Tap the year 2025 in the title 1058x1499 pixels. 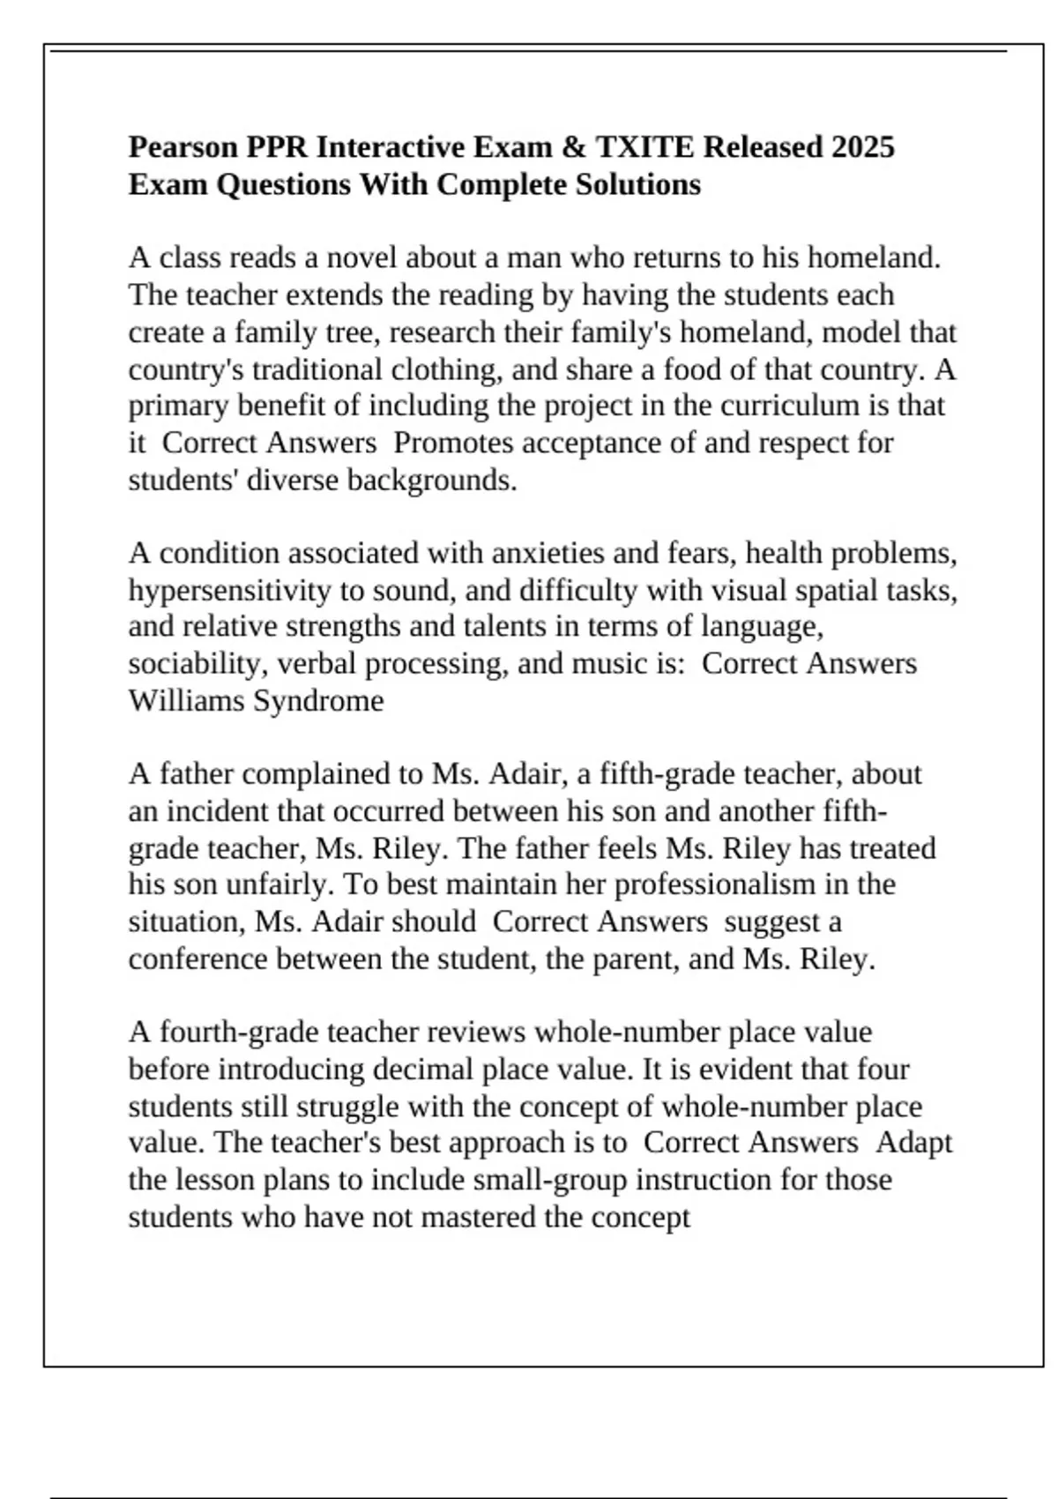(861, 146)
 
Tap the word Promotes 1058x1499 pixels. (453, 443)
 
